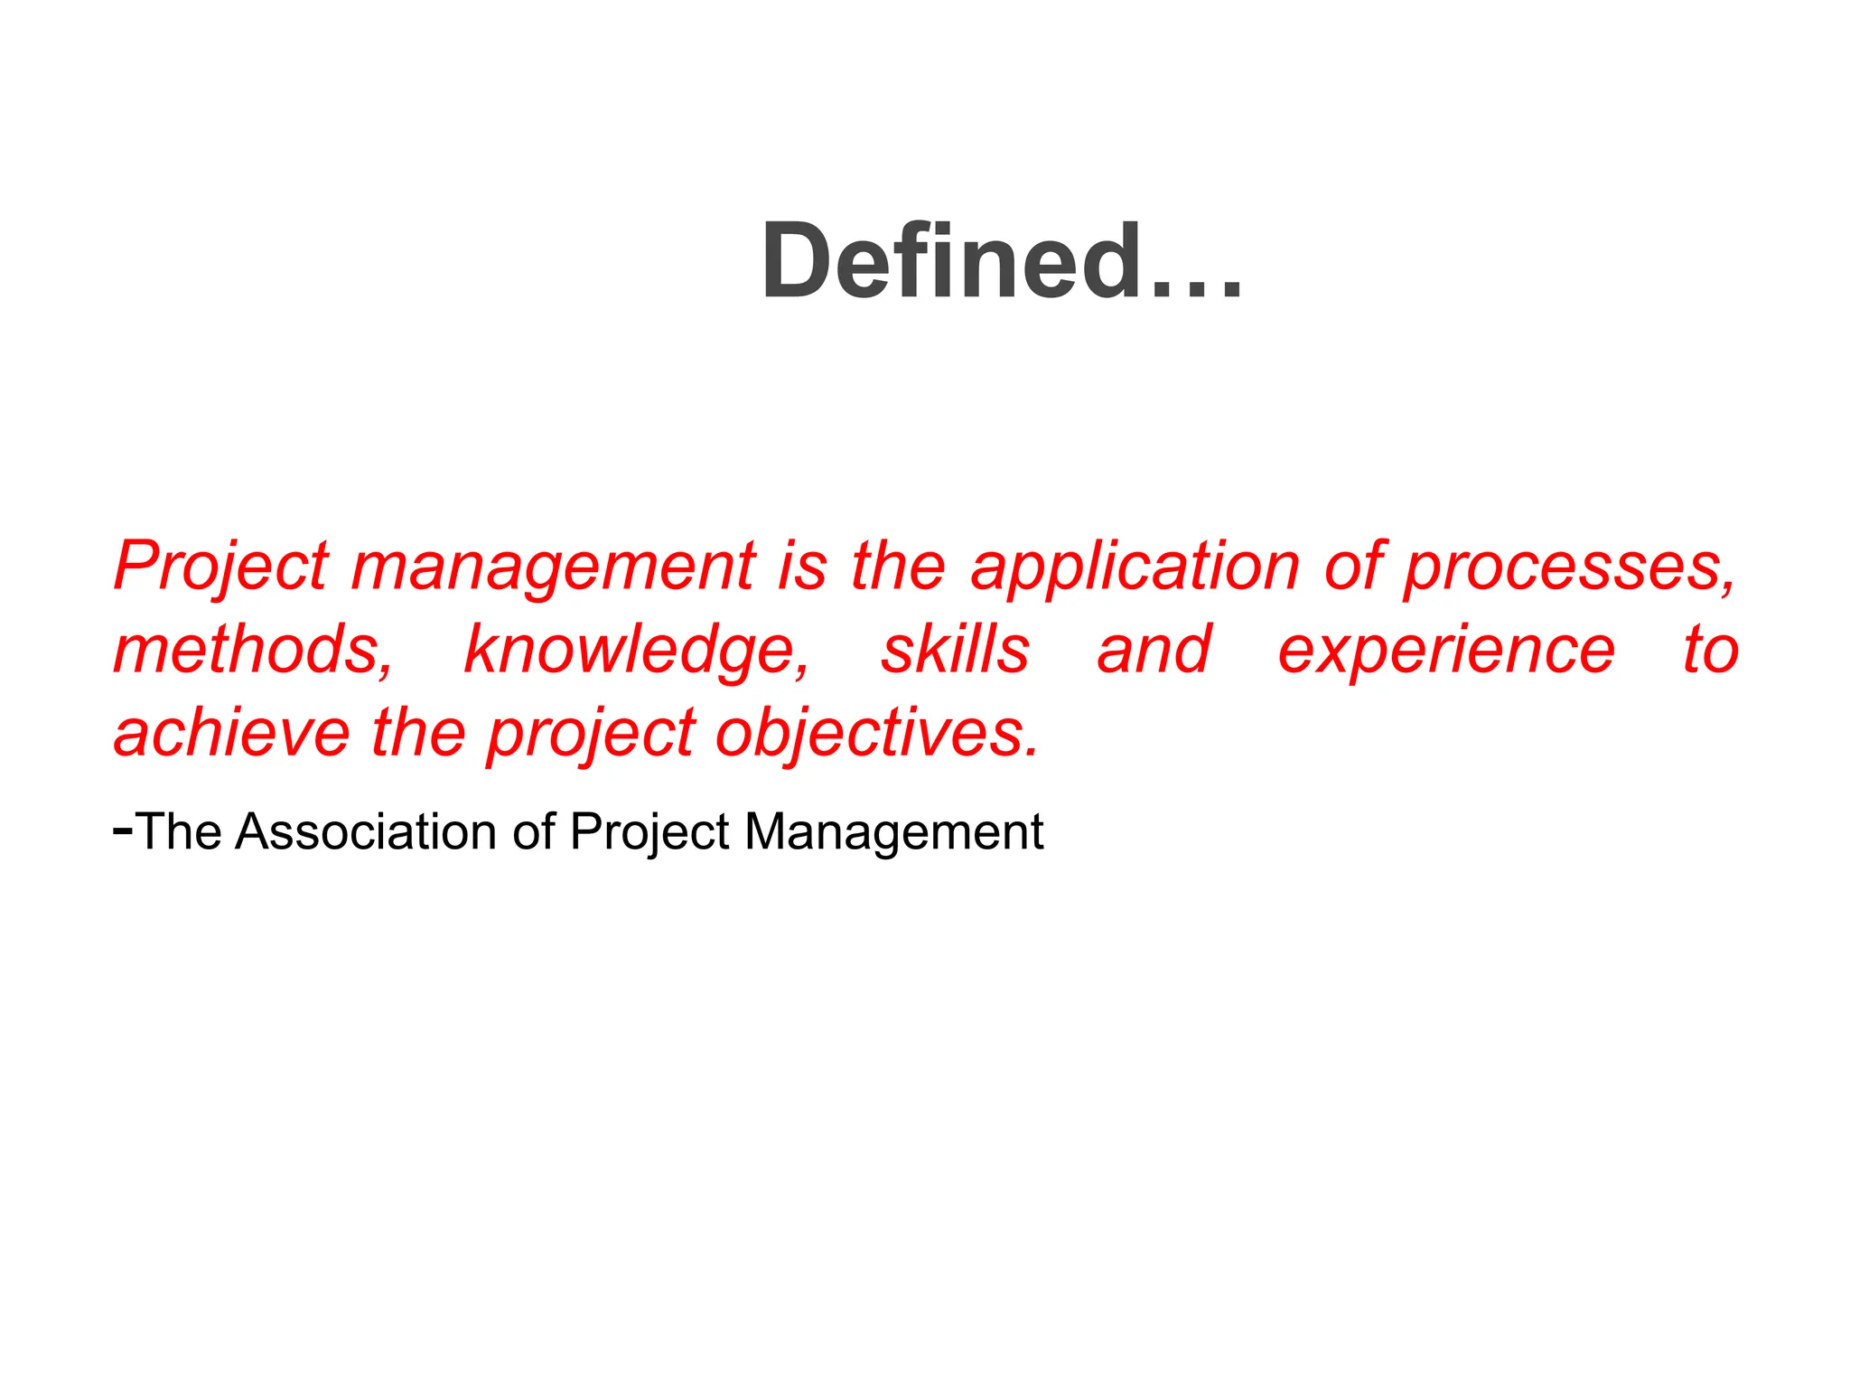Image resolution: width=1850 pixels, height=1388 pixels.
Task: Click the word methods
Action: coord(253,650)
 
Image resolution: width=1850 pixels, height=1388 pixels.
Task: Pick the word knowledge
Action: coord(637,652)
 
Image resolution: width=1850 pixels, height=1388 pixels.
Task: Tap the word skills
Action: coord(955,650)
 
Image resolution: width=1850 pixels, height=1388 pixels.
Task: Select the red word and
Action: coord(1154,650)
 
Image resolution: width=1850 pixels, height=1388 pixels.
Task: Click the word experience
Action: coord(1446,652)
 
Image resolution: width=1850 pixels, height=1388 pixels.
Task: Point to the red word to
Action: coord(1711,650)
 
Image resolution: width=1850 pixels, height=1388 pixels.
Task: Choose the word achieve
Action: coord(231,733)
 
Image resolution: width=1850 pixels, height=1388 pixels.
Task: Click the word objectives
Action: coord(877,735)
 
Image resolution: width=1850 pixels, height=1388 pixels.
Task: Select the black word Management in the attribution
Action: coord(893,833)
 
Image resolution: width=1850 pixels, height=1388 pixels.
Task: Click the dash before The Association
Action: coord(123,827)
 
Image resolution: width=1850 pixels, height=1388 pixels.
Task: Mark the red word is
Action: coord(803,567)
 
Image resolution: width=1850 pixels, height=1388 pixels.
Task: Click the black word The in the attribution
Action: coord(181,831)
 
